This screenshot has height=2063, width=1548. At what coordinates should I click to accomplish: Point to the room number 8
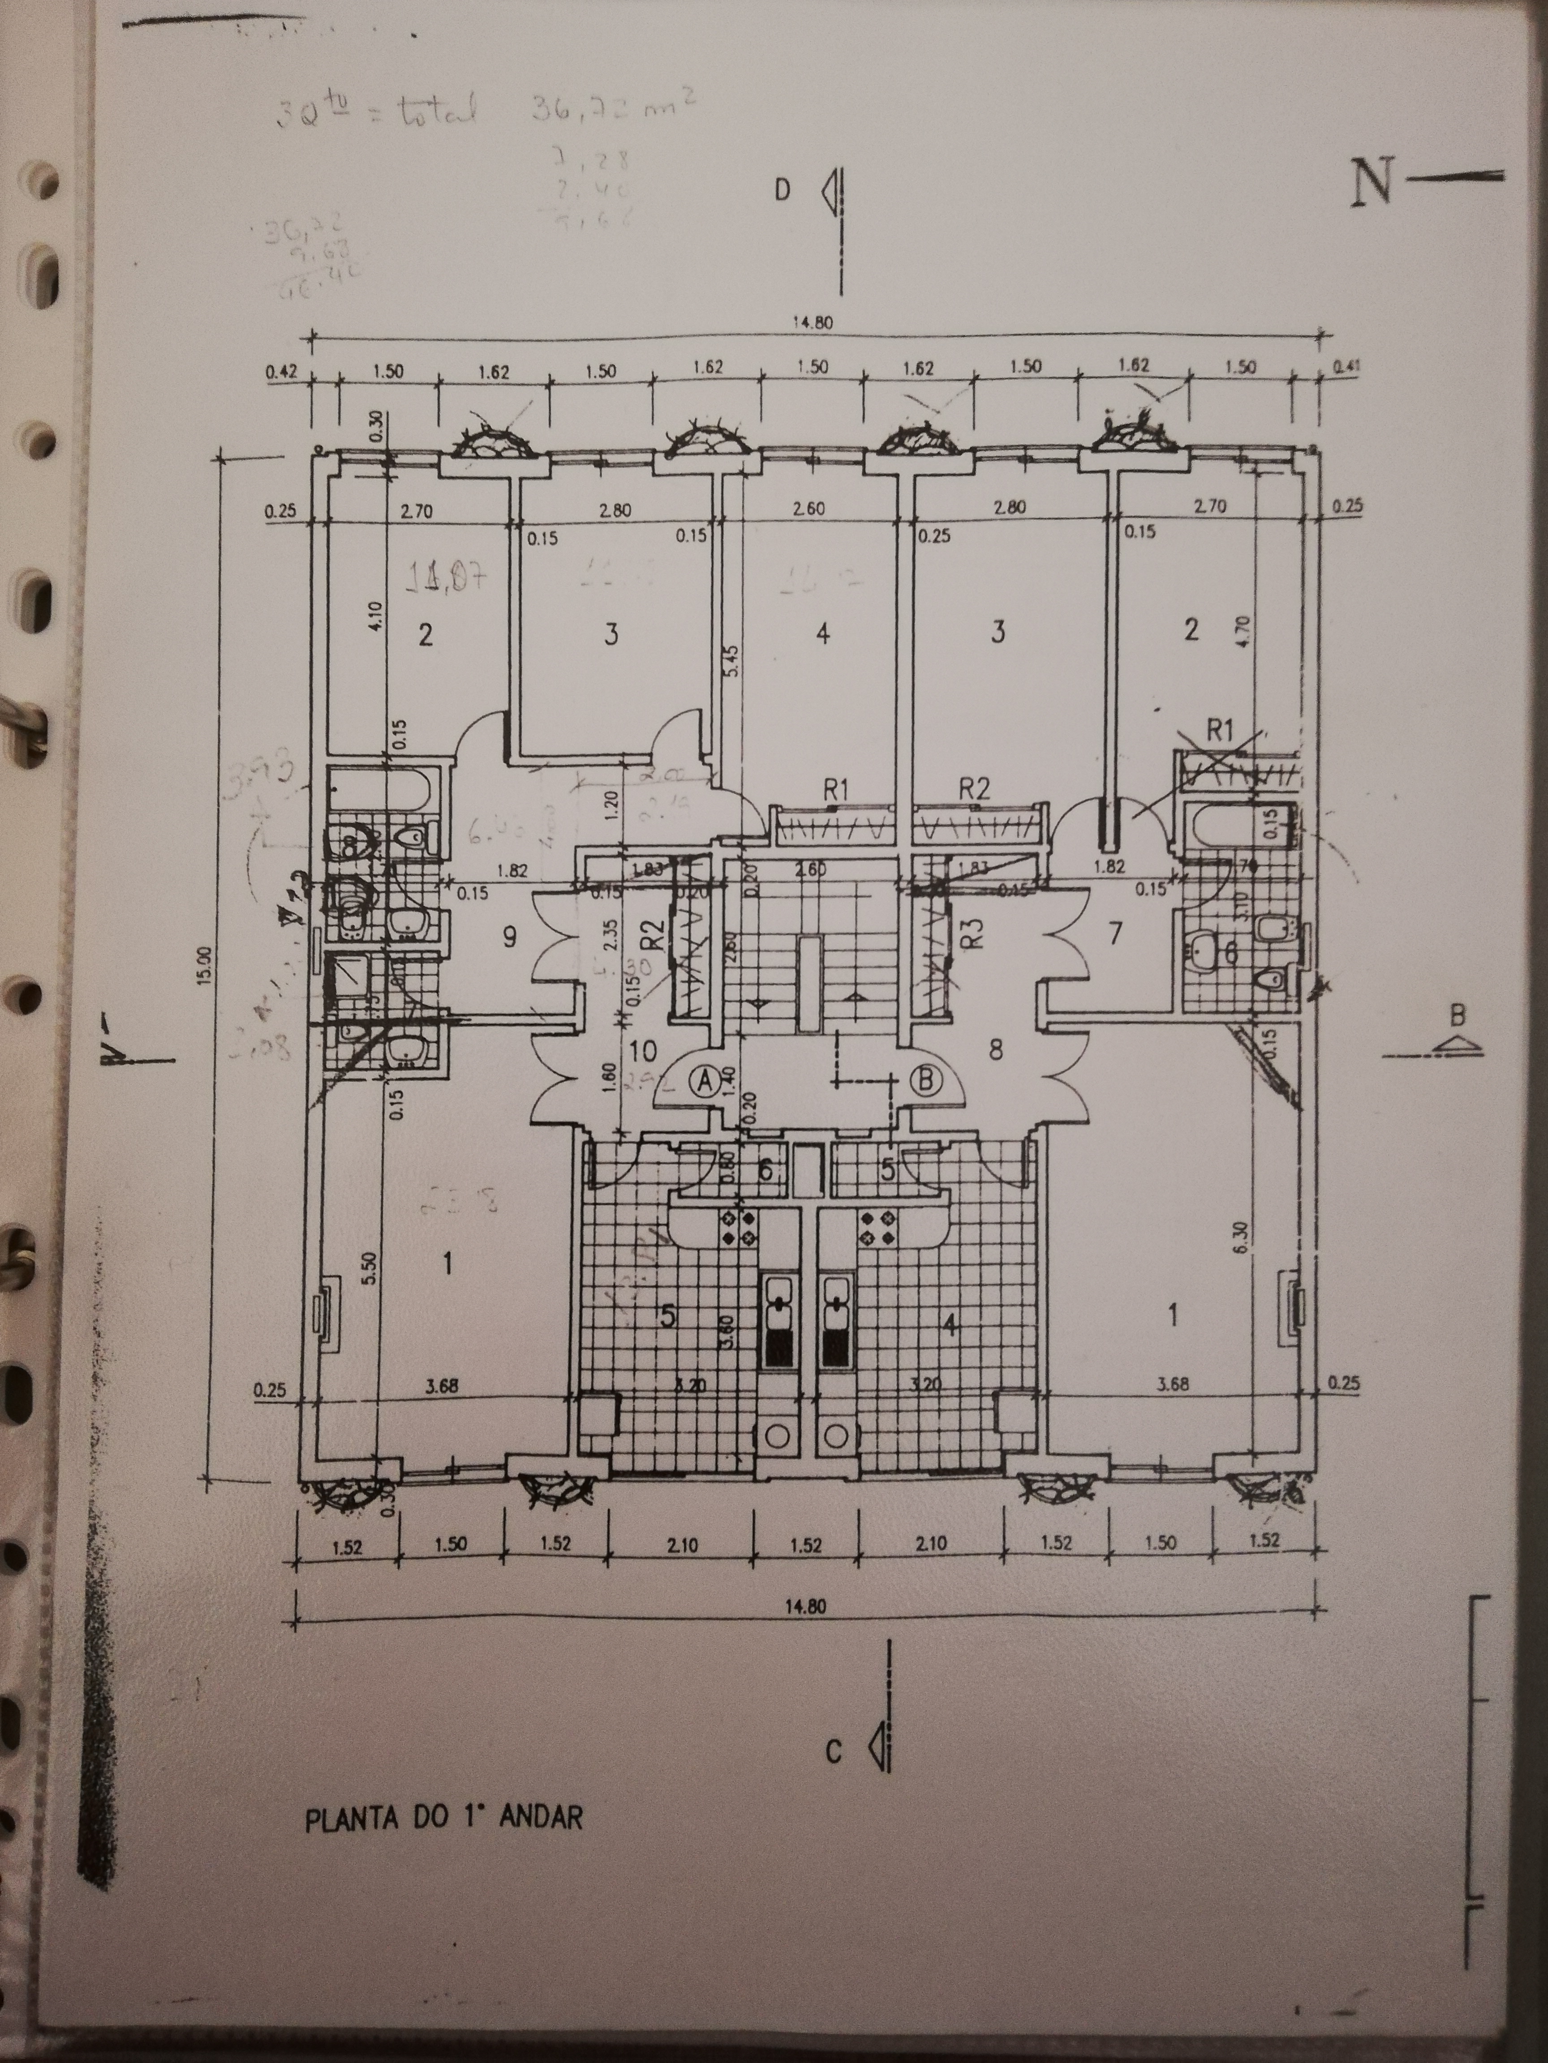coord(996,1050)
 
